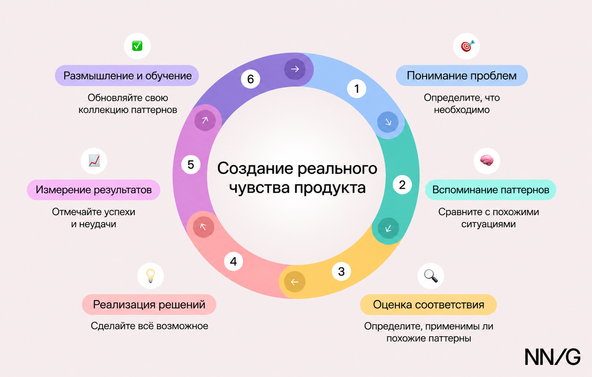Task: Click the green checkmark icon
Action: [x=137, y=46]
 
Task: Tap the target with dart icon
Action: [x=467, y=46]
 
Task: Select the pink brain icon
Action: [x=486, y=160]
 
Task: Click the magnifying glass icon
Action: [x=431, y=276]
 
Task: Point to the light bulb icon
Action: [x=150, y=276]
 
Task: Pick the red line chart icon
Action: [x=94, y=160]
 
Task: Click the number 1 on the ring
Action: [x=356, y=89]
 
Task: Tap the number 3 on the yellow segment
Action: [x=341, y=271]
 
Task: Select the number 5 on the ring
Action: [x=191, y=165]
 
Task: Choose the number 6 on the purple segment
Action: [x=250, y=79]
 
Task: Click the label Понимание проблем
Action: [x=462, y=76]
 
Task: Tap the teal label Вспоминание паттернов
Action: [x=491, y=190]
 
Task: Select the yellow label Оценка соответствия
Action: [x=428, y=305]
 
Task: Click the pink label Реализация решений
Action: [x=149, y=305]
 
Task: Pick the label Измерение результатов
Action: [x=93, y=190]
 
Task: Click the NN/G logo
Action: [x=552, y=357]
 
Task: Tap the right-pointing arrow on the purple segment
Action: [x=295, y=69]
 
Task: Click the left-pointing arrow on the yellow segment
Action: [x=295, y=282]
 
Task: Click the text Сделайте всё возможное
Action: [x=149, y=326]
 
